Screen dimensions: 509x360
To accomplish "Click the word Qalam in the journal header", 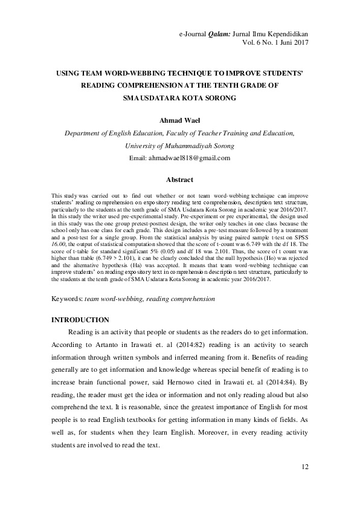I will tap(219, 34).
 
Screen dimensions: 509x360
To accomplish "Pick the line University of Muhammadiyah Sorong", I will tap(179, 146).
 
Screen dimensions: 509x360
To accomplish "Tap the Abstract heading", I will tap(179, 180).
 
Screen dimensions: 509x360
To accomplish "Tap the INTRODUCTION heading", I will tap(80, 319).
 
